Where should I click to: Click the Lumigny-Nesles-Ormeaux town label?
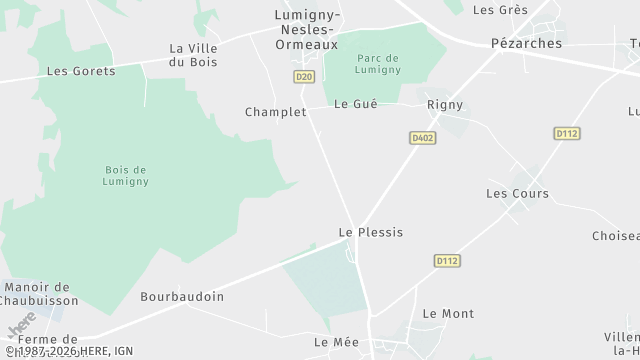307,29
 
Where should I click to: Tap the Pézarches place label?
526,44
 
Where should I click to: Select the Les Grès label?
499,10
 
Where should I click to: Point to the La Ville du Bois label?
194,55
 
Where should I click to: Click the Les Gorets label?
81,72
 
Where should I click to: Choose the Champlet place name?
275,112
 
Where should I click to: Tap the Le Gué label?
355,104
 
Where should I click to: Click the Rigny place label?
444,104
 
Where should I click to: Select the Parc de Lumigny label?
389,63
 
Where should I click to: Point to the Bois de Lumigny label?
126,175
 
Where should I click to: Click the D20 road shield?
304,77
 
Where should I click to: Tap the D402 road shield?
420,137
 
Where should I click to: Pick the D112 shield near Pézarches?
567,133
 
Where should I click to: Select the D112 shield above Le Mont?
447,261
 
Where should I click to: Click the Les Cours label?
517,193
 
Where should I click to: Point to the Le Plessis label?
371,232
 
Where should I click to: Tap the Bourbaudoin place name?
182,297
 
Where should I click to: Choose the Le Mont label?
448,314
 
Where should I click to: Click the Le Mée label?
336,342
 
